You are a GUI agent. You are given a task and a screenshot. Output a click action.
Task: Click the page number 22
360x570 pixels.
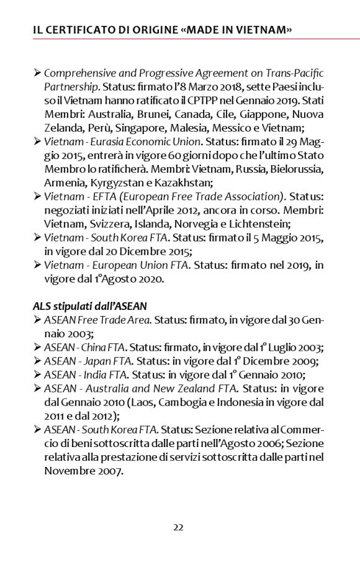[178, 528]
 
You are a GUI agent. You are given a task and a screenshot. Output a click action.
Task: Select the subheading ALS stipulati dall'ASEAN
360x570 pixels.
[89, 306]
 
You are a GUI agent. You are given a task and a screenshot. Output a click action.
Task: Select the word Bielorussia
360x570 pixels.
[292, 169]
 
